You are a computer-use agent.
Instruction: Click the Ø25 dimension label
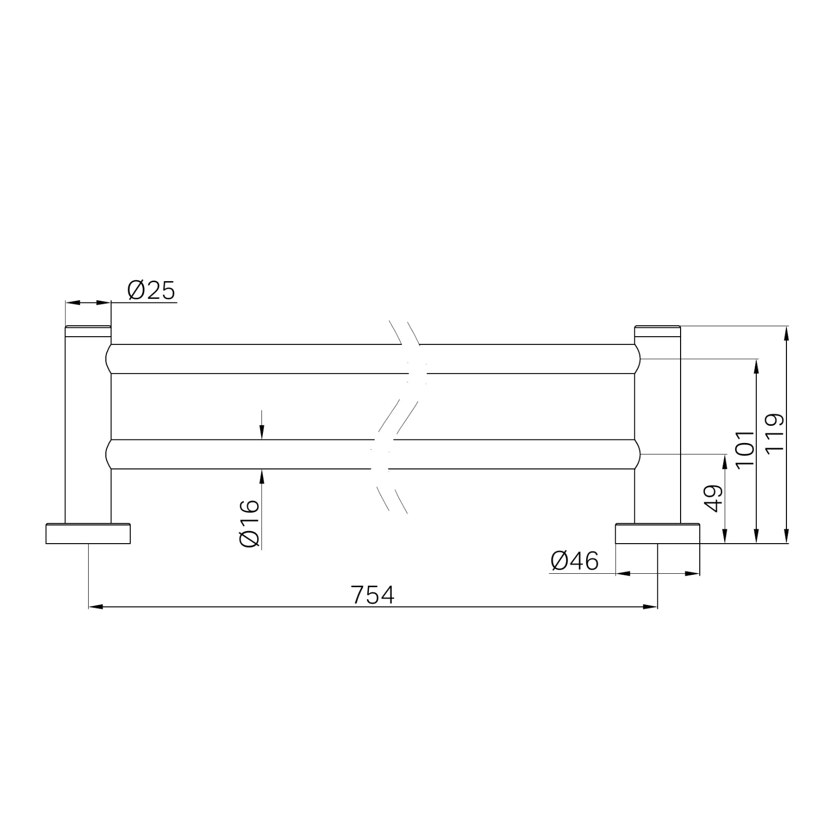point(151,290)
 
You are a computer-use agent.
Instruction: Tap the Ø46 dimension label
point(575,561)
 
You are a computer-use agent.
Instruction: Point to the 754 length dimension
point(373,595)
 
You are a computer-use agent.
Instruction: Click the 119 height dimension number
point(776,432)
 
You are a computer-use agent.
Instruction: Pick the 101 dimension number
point(744,448)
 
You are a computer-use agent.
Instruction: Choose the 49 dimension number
point(715,498)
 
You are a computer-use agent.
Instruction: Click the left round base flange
point(88,534)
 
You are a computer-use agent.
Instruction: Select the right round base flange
point(657,534)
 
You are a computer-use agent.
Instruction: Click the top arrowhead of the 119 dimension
point(787,333)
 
